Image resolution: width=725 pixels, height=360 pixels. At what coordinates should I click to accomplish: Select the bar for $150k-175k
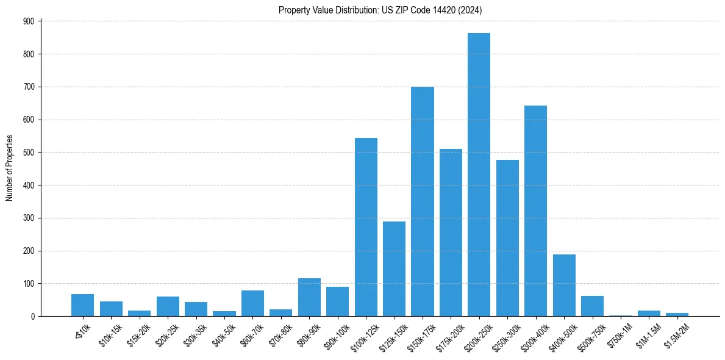(422, 201)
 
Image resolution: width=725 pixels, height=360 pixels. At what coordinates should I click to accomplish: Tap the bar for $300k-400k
(535, 211)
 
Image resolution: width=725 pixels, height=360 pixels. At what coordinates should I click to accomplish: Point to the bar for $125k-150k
(394, 268)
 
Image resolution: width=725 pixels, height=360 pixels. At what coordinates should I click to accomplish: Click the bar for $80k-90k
(309, 297)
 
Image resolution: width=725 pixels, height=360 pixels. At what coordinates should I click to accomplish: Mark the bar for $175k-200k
(451, 232)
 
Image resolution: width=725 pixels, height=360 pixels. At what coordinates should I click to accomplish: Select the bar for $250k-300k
(507, 238)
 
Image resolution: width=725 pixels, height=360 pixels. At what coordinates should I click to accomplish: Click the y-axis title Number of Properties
(10, 168)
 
